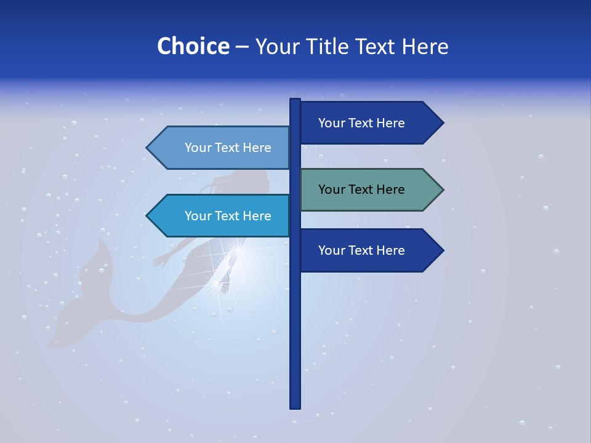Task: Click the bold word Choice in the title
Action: pos(193,46)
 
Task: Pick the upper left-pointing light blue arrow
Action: pos(222,148)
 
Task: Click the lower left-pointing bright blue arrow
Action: pos(222,216)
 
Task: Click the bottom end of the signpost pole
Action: pos(295,406)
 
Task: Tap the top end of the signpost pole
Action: pos(295,101)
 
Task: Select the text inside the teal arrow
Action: pos(361,190)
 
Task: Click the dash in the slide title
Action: pos(242,47)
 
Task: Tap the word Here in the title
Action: pos(425,46)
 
